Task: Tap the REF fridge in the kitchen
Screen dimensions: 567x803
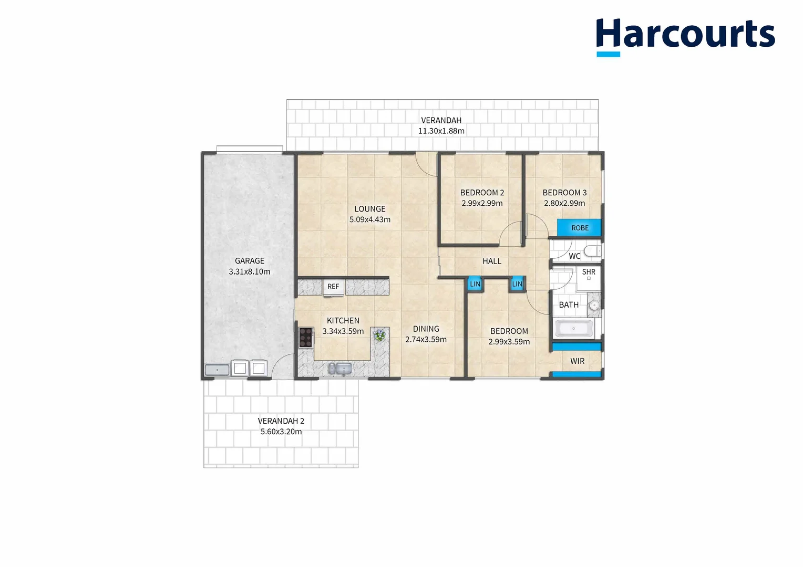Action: point(333,287)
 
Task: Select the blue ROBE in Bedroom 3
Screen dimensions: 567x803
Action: point(579,228)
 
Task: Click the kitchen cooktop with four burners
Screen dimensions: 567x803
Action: point(305,337)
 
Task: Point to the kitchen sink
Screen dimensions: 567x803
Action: point(340,369)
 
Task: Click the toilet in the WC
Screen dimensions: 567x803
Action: point(593,251)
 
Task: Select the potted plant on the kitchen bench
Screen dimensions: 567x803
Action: point(379,334)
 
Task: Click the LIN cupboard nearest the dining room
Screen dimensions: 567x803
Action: point(475,284)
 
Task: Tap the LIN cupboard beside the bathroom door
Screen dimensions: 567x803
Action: point(517,284)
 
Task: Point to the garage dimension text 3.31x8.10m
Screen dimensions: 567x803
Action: point(250,272)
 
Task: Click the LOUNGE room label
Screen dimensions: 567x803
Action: point(370,209)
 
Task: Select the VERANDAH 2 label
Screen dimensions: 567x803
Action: point(281,421)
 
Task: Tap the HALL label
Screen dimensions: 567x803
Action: point(492,261)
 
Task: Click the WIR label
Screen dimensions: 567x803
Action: point(577,361)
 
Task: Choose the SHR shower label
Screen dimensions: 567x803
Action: point(589,272)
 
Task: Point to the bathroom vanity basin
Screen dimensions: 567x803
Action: point(594,305)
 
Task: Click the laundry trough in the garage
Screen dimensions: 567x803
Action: point(217,370)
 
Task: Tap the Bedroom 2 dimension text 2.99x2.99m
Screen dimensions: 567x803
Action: point(482,203)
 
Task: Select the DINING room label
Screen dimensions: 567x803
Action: point(426,329)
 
